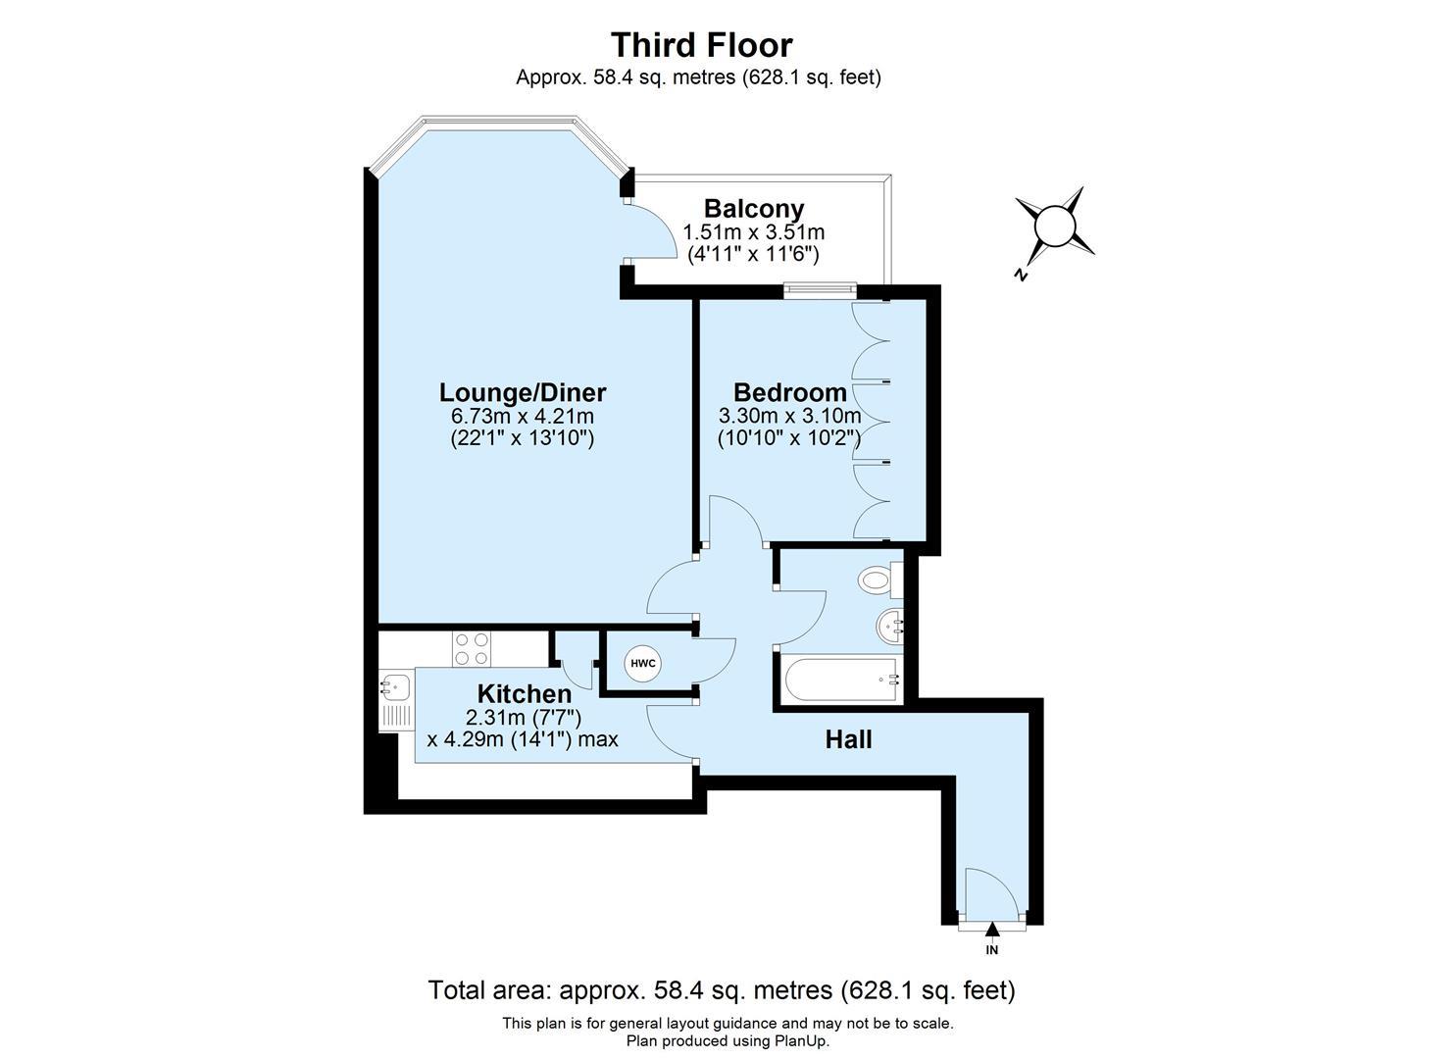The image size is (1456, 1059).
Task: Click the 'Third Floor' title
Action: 701,45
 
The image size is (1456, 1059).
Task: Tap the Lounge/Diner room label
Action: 522,393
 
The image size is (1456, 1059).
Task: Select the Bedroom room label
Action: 789,393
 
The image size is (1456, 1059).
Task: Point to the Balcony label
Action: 753,209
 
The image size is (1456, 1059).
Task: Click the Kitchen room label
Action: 524,693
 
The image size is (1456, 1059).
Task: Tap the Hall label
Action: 848,739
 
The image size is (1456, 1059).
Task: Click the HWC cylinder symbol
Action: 642,664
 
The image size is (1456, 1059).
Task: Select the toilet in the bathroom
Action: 877,580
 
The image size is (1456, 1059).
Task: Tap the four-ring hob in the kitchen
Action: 471,648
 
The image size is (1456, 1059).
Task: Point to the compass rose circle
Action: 1055,226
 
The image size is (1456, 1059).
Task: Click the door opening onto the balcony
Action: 651,231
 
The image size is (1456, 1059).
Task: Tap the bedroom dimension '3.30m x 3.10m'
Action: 789,416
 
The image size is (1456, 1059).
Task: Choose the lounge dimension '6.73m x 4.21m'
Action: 522,416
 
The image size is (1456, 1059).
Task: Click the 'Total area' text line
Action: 721,990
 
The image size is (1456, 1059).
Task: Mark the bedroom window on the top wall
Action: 820,288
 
